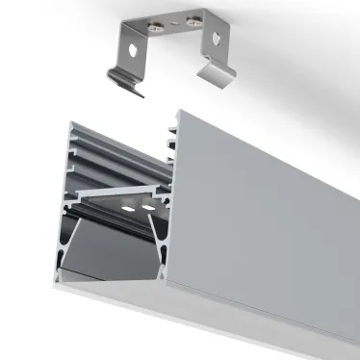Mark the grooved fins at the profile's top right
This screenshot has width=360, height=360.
tap(173, 135)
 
